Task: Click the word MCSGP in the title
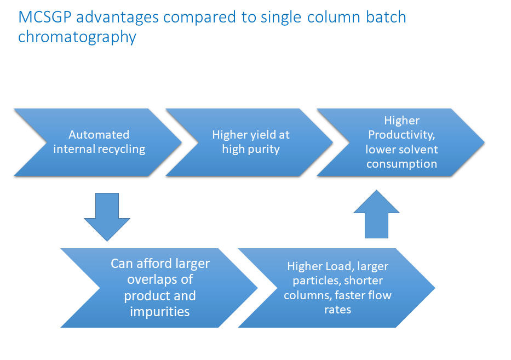pyautogui.click(x=45, y=17)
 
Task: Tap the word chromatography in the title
pyautogui.click(x=77, y=37)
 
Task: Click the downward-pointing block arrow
pyautogui.click(x=107, y=217)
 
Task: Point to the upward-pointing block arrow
pyautogui.click(x=376, y=214)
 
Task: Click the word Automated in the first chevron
pyautogui.click(x=99, y=135)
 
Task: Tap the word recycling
pyautogui.click(x=122, y=150)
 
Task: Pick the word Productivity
pyautogui.click(x=401, y=135)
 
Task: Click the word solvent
pyautogui.click(x=420, y=150)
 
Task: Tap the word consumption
pyautogui.click(x=401, y=164)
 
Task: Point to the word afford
pyautogui.click(x=154, y=263)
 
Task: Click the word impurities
pyautogui.click(x=160, y=311)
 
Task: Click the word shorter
pyautogui.click(x=363, y=281)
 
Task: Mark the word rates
pyautogui.click(x=337, y=310)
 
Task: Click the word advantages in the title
pyautogui.click(x=117, y=18)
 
